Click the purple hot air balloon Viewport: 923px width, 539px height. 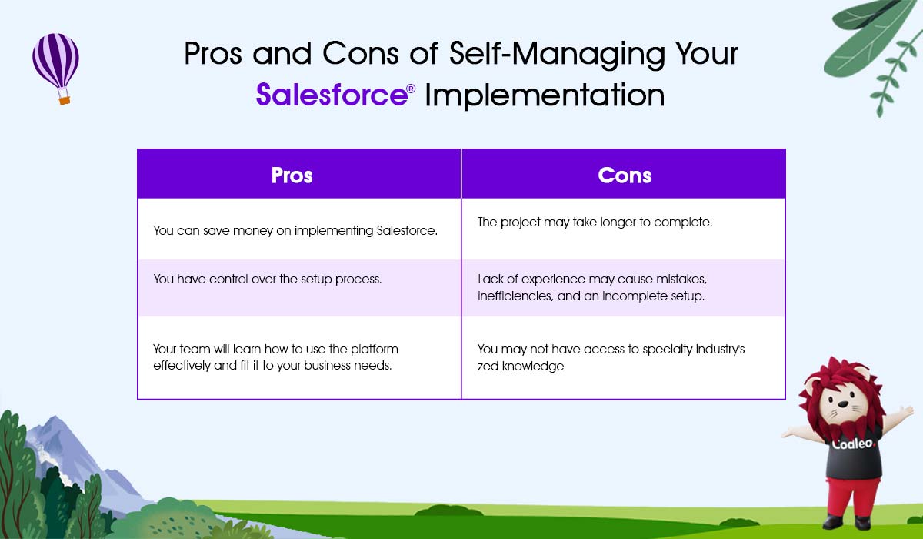[55, 68]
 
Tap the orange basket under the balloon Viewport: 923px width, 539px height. [65, 100]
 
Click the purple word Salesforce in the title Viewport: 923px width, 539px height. [332, 95]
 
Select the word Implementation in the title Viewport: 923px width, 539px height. [545, 95]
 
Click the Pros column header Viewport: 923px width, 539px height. [292, 176]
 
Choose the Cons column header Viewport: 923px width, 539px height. [625, 176]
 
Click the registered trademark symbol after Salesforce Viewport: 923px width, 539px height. [411, 89]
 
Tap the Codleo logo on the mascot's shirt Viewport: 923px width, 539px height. [852, 444]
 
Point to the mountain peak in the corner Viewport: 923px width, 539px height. [54, 418]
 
